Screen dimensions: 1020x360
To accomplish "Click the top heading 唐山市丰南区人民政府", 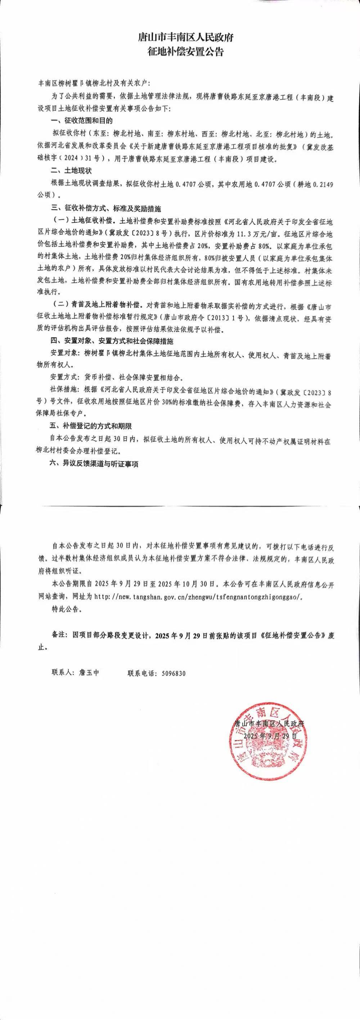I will click(x=179, y=38).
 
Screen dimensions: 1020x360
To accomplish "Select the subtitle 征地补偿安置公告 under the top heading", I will click(x=179, y=51).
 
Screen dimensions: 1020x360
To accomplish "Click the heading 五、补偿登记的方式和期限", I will click(x=91, y=426).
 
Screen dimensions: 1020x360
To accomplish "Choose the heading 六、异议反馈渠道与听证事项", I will click(x=94, y=464).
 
